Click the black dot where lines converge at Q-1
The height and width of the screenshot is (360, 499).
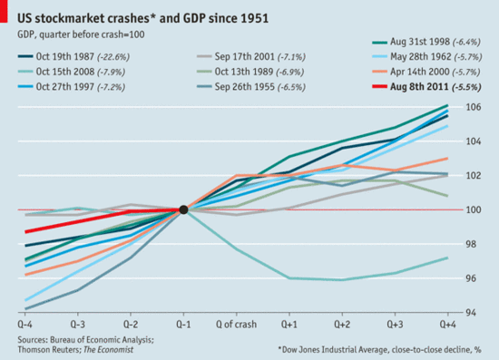(x=183, y=209)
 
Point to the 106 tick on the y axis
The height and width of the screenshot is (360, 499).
(x=473, y=107)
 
